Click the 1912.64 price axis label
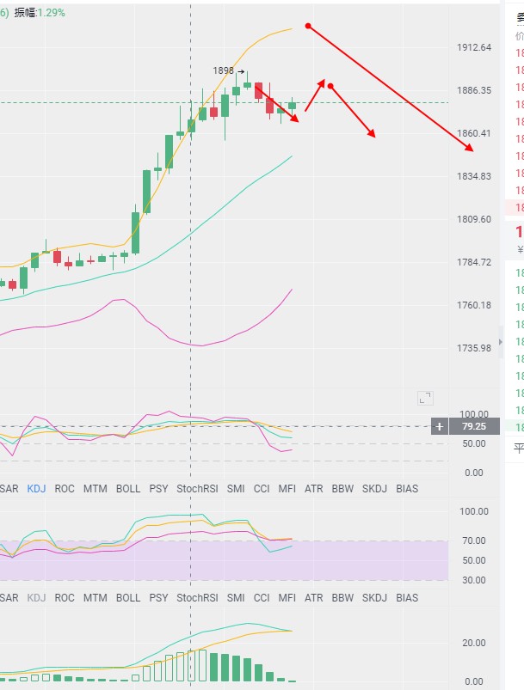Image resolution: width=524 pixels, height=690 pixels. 474,48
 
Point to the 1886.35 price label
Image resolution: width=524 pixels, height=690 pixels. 474,91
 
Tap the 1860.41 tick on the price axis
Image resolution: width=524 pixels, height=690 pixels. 474,133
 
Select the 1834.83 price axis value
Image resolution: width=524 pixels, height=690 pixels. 474,176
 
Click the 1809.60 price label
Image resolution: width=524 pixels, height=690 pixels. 474,219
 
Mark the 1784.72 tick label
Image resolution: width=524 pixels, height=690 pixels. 474,262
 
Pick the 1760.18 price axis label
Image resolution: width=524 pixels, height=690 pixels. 474,305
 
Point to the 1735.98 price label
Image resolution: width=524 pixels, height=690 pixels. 474,348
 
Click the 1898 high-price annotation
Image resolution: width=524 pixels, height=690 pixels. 225,71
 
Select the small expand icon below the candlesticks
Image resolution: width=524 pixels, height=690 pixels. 425,398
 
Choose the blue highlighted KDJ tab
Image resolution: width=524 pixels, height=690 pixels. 37,488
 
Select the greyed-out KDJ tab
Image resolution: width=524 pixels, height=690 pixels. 37,597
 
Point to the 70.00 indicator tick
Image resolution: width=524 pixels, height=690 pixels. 474,540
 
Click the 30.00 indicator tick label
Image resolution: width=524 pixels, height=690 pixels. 474,580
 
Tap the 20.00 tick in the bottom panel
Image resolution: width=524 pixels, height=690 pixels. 474,643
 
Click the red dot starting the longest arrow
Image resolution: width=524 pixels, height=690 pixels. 308,27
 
